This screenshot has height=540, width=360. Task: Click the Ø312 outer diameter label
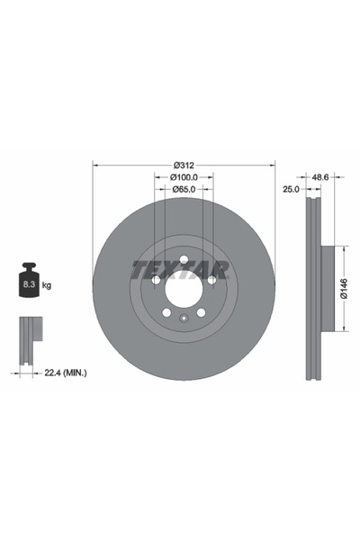coord(184,166)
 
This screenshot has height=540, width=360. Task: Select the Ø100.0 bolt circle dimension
coord(184,177)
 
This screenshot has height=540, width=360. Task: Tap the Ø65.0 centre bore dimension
coord(184,189)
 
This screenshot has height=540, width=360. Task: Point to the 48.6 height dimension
coord(320,177)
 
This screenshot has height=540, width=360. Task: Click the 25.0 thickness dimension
coord(291,189)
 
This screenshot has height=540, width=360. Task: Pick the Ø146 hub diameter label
coord(344,289)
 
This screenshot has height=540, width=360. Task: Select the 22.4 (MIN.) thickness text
coord(66,373)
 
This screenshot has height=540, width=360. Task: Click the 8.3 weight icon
coord(30,280)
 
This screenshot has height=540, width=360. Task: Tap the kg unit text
coord(47,285)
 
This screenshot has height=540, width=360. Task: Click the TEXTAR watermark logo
coord(180,269)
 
